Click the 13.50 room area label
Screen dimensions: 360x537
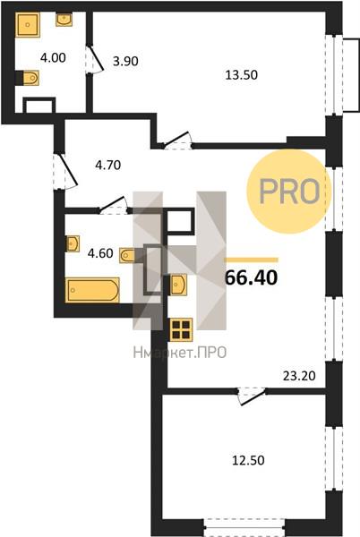click(x=242, y=74)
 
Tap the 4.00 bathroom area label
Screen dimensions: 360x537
click(x=53, y=57)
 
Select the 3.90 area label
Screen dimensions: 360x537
click(x=125, y=61)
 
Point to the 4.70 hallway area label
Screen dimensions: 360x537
click(x=107, y=165)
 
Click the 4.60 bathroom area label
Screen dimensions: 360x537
click(x=100, y=253)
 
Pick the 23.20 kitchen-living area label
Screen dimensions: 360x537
click(x=299, y=376)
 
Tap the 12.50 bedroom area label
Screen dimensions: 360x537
click(x=248, y=460)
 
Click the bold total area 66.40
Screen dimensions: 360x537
click(x=251, y=277)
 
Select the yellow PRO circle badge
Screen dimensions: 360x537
click(x=289, y=192)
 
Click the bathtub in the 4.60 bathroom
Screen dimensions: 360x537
click(x=92, y=290)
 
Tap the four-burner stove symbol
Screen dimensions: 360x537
click(x=181, y=329)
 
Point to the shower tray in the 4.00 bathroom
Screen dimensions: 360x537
click(x=28, y=25)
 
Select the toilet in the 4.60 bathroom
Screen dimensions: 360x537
click(x=127, y=255)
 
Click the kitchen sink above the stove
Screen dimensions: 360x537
click(x=178, y=285)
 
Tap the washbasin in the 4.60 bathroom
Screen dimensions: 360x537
click(x=73, y=243)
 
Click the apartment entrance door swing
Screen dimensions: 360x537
click(x=65, y=171)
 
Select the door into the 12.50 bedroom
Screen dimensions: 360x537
click(x=253, y=396)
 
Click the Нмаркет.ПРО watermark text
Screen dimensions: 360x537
click(x=180, y=353)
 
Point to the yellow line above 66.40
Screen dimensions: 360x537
click(x=251, y=260)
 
